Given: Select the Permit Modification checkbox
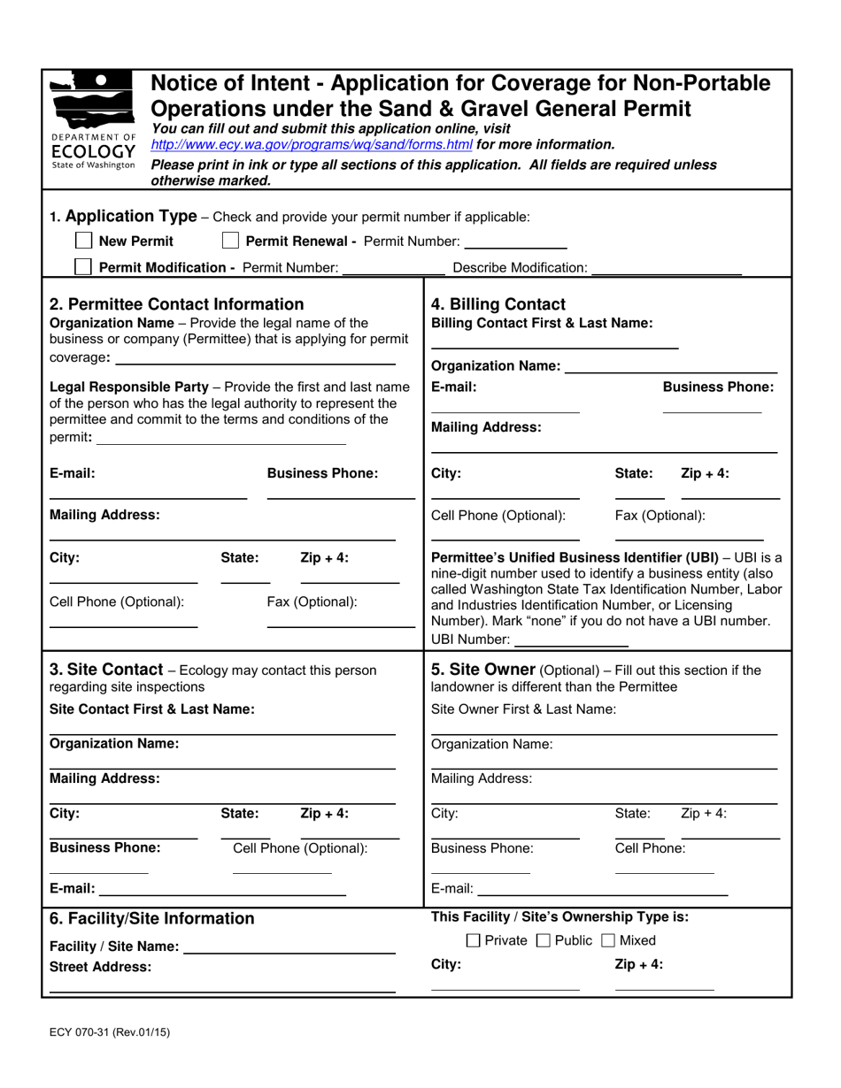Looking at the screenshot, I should [84, 267].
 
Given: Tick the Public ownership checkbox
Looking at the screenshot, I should [543, 940].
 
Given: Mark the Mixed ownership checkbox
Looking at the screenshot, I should [608, 940].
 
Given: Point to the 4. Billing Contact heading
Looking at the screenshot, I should [498, 305].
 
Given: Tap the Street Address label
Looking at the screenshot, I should [100, 967].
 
